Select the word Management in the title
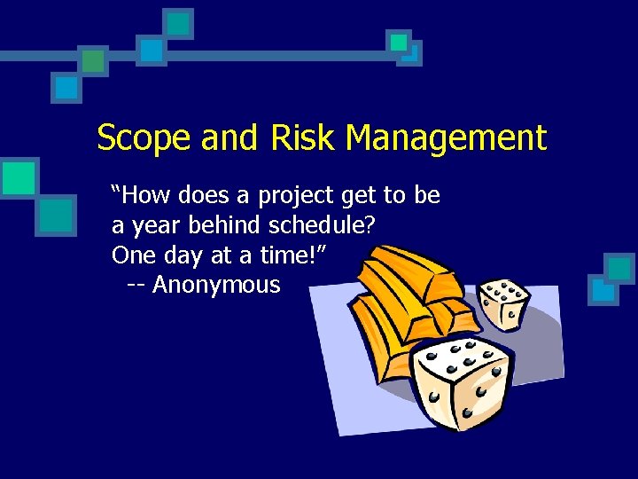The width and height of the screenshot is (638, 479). click(447, 139)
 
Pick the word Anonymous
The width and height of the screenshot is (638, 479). click(216, 286)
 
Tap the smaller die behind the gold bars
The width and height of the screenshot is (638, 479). click(503, 302)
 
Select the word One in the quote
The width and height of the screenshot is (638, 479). click(133, 255)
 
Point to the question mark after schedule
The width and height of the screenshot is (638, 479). click(369, 226)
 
